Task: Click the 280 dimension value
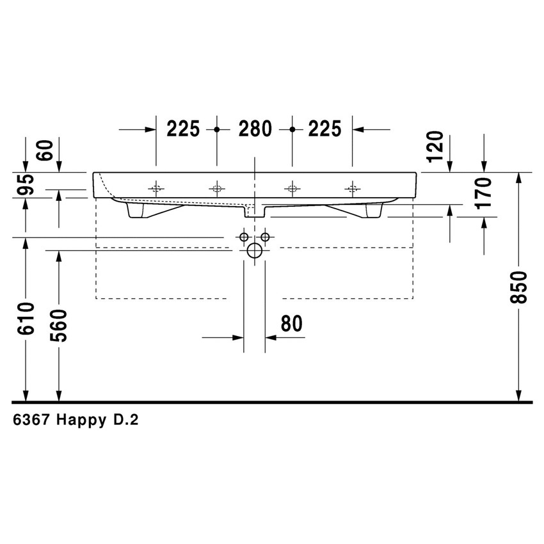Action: [x=255, y=129]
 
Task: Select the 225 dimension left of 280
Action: [x=184, y=129]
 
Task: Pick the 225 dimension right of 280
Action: [x=324, y=129]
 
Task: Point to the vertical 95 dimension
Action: [x=26, y=186]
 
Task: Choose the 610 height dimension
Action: [x=26, y=318]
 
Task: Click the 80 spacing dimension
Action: [x=291, y=324]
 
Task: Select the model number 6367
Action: [x=31, y=420]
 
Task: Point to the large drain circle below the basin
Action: [x=255, y=251]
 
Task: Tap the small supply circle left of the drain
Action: [x=244, y=237]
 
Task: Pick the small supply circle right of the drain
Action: [x=264, y=237]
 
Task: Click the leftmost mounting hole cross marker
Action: [x=156, y=189]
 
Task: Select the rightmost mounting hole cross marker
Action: [x=352, y=189]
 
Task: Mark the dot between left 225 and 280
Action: [x=217, y=129]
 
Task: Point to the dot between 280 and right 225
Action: [x=292, y=129]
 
